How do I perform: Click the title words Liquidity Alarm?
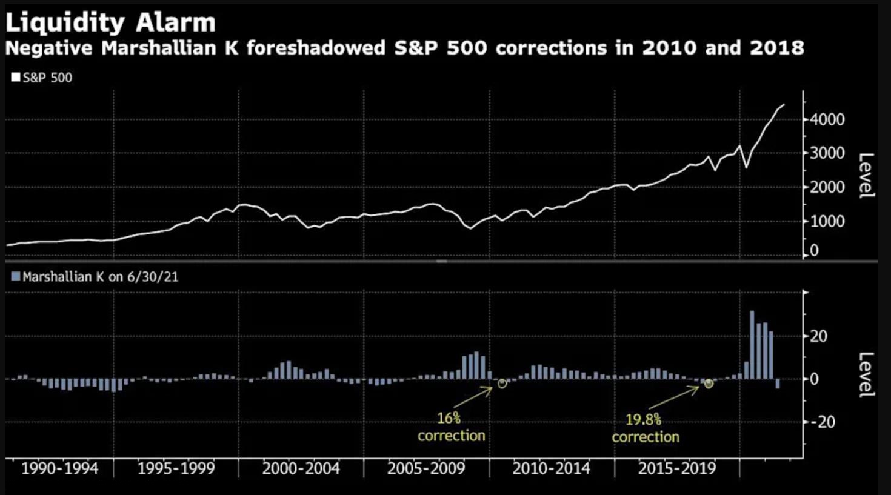(110, 23)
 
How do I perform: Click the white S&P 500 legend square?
(16, 78)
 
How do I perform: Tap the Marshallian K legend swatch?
(16, 277)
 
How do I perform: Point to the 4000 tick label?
(827, 119)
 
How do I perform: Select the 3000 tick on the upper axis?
(827, 153)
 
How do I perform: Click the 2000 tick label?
(827, 187)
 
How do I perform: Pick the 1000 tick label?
(827, 221)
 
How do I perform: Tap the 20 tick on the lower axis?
(818, 336)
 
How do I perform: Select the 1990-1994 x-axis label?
(59, 468)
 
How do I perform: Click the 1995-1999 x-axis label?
(176, 468)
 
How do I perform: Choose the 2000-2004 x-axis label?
(301, 468)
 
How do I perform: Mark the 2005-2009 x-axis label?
(426, 468)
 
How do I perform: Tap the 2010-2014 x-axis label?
(551, 468)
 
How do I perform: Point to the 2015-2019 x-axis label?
(676, 468)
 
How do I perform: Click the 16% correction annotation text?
(451, 427)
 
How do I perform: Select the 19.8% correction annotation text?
(645, 428)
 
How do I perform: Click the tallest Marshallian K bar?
(752, 345)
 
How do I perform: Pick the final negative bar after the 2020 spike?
(778, 384)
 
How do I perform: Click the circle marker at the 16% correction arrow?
(502, 384)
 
